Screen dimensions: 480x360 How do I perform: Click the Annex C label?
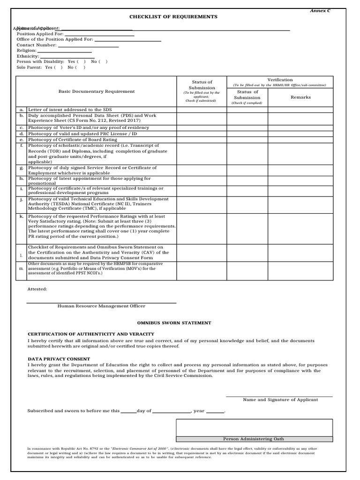click(x=321, y=10)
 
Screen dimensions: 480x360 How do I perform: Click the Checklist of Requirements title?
click(x=173, y=16)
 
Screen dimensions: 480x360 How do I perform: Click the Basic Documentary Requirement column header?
click(x=96, y=91)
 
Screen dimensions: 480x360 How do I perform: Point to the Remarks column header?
click(x=300, y=97)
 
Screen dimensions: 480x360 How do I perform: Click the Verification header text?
click(x=280, y=80)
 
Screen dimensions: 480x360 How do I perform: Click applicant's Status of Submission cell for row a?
click(x=202, y=110)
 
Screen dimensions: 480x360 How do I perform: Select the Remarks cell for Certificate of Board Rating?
click(x=300, y=140)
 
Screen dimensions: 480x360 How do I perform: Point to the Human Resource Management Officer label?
click(x=101, y=306)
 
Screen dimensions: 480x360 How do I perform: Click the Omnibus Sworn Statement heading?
click(x=174, y=323)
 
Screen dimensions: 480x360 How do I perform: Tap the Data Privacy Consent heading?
click(x=59, y=359)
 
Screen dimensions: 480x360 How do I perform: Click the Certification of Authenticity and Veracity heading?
click(x=91, y=334)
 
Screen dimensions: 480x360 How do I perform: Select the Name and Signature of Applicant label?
click(x=280, y=400)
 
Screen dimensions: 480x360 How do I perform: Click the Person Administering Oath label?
click(x=254, y=439)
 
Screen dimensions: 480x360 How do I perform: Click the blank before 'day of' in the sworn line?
click(x=128, y=411)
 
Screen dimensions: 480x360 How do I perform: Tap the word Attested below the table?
click(x=37, y=289)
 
